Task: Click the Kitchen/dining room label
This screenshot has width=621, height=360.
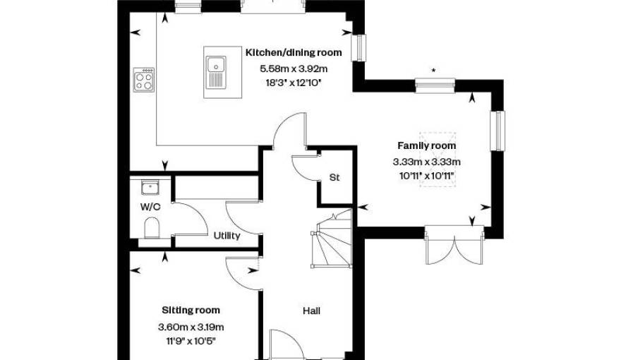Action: click(294, 53)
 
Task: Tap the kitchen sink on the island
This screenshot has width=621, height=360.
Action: click(216, 72)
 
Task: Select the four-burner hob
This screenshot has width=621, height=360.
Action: click(144, 80)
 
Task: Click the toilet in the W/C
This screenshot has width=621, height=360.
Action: click(152, 228)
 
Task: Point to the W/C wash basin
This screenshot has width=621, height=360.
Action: click(150, 187)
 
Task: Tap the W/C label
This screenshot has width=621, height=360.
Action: click(150, 207)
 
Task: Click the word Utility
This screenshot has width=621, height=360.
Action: click(227, 236)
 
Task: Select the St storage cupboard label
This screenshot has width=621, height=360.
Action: click(334, 177)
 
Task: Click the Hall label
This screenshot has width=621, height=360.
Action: click(312, 311)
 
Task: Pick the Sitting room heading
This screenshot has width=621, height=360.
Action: click(191, 310)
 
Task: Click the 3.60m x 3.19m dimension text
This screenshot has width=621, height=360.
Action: click(191, 327)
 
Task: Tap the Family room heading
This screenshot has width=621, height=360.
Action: click(426, 145)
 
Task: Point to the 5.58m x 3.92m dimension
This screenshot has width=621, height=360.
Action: click(294, 69)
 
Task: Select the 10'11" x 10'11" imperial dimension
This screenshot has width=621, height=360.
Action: click(426, 176)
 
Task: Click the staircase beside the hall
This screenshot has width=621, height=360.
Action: click(332, 239)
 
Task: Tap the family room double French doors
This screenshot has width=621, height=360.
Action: click(454, 246)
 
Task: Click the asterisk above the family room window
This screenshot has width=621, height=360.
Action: click(434, 71)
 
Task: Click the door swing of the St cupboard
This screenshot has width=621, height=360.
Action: click(306, 168)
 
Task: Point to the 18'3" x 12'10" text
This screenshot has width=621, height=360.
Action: click(294, 83)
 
